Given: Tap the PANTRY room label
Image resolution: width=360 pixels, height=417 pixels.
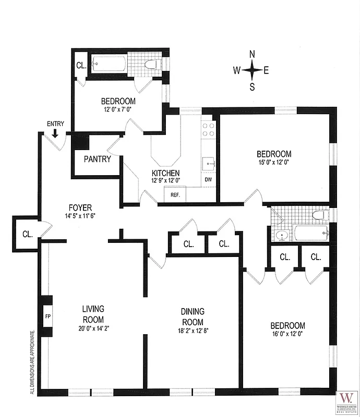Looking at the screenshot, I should click(97, 159).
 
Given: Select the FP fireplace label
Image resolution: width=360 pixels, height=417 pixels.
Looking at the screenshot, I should click(47, 316).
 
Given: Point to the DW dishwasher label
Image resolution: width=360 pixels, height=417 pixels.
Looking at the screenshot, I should click(208, 180).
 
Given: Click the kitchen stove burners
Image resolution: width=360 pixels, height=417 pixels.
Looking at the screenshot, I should click(208, 129).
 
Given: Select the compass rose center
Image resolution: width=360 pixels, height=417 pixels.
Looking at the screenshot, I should click(252, 70).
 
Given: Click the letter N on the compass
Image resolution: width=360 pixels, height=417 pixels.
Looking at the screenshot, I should click(252, 54).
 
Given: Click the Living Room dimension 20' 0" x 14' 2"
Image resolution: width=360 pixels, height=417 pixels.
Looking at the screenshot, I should click(93, 328).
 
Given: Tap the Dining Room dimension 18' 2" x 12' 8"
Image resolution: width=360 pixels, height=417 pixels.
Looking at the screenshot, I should click(193, 330).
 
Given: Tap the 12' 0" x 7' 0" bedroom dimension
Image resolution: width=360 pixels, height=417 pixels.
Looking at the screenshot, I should click(118, 109).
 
